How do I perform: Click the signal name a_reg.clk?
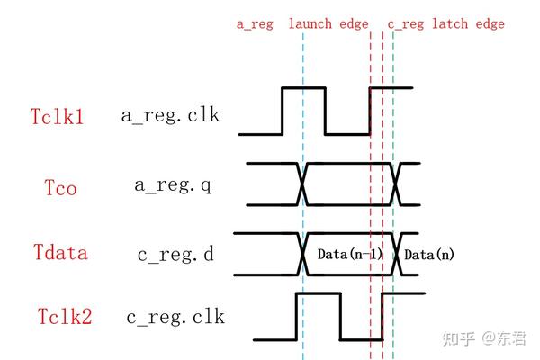tap(171, 116)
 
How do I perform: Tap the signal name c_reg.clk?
tap(175, 317)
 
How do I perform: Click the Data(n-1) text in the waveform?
tap(350, 255)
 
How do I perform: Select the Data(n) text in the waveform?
tap(428, 255)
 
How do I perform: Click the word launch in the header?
tap(310, 24)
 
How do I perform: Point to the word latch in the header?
tap(448, 24)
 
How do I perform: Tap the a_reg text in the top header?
tap(255, 24)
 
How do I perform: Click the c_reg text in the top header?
tap(405, 24)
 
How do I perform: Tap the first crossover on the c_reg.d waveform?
tap(303, 255)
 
